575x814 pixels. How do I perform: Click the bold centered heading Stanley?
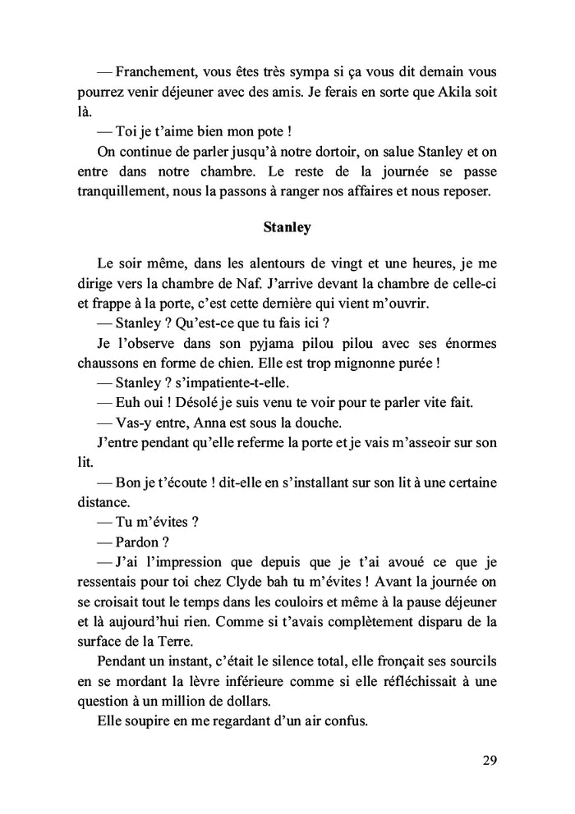pyautogui.click(x=287, y=227)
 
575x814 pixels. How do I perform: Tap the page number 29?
pyautogui.click(x=490, y=760)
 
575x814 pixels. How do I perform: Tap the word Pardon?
pyautogui.click(x=140, y=541)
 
